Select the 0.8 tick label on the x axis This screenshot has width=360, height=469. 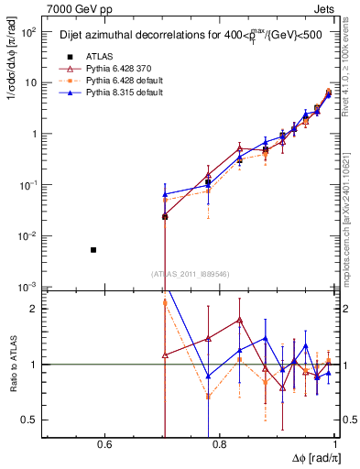click(x=219, y=445)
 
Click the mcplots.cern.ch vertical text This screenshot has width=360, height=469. click(x=352, y=211)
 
